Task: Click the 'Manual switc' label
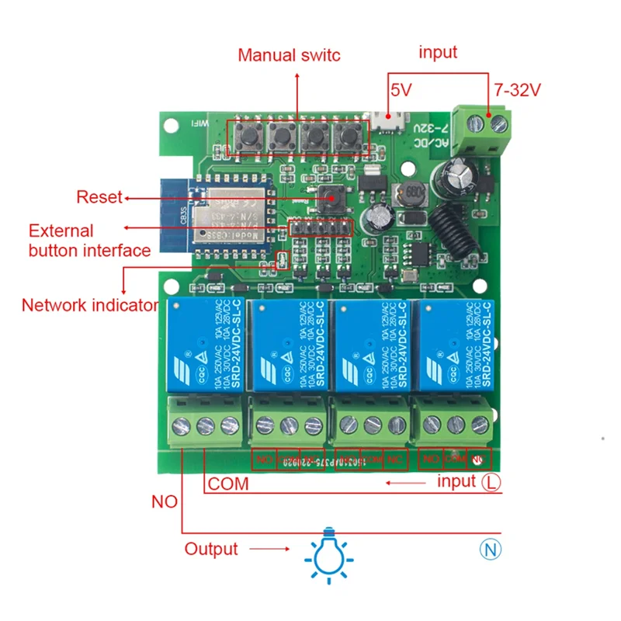(289, 55)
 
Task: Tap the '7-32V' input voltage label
(516, 90)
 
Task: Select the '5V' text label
(401, 90)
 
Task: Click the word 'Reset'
(99, 197)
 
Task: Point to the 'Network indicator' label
(90, 305)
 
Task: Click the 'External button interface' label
(89, 241)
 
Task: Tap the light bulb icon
(328, 552)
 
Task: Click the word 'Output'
(211, 550)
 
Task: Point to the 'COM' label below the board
(229, 484)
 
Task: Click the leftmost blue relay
(203, 344)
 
